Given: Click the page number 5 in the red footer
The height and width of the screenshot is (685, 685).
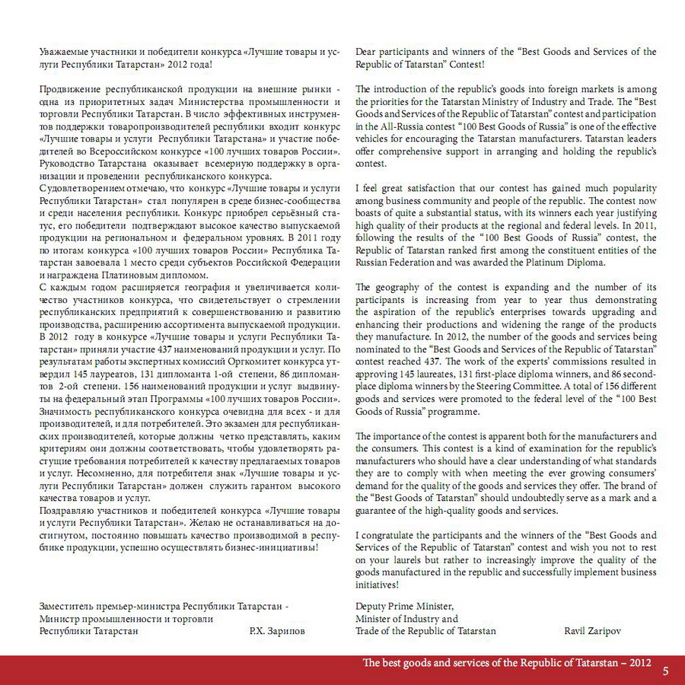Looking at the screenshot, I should [665, 671].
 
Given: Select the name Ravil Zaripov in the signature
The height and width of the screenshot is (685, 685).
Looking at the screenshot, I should [593, 631].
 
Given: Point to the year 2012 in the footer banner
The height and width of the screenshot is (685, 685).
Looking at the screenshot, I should [640, 663].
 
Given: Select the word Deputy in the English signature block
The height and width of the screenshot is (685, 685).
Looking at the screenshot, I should [371, 606].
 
